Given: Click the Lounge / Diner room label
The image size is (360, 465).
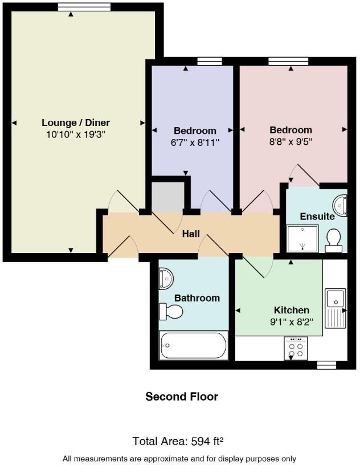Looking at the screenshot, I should [76, 123].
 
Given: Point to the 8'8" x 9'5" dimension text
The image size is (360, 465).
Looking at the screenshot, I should [291, 141].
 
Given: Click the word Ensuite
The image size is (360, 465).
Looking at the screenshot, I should [317, 217].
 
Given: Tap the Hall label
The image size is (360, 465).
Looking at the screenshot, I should [191, 234].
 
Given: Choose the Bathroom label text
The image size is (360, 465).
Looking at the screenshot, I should [197, 298].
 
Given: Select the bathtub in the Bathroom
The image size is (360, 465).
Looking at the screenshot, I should [194, 345].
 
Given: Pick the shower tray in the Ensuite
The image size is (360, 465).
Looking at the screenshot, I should [302, 239].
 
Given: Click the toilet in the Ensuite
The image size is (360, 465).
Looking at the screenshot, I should [334, 240].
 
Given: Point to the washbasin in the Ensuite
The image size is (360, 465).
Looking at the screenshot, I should [341, 205].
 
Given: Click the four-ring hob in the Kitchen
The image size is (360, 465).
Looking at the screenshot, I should [296, 348].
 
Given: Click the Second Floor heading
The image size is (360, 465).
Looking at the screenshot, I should [182, 397].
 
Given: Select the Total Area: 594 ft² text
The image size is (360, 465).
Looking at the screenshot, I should [178, 441].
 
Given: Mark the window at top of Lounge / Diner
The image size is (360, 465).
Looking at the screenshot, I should [84, 7].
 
